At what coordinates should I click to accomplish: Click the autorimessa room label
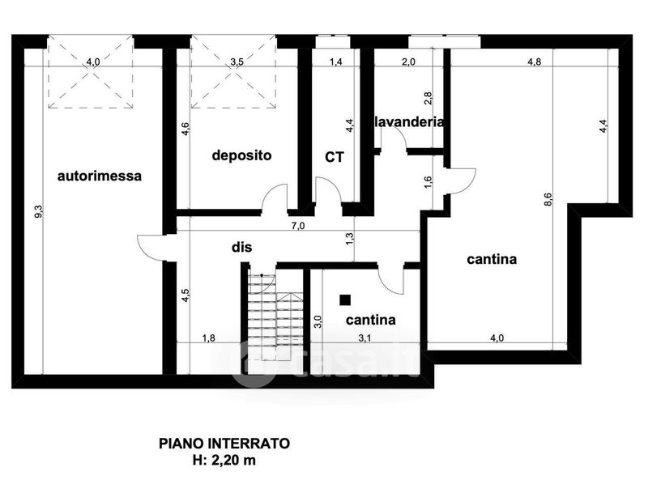click(99, 176)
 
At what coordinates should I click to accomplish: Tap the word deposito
click(241, 155)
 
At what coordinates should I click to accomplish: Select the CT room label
click(335, 157)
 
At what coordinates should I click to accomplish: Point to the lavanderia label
click(409, 122)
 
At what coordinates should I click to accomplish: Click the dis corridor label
click(241, 247)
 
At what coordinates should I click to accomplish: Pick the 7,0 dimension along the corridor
click(298, 226)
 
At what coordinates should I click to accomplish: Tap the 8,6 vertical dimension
click(548, 200)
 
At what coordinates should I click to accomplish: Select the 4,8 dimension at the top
click(535, 62)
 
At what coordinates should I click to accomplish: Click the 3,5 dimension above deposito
click(237, 62)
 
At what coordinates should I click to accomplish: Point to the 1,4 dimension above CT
click(336, 62)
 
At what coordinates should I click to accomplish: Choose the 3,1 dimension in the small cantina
click(364, 338)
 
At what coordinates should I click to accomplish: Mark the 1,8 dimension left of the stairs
click(208, 338)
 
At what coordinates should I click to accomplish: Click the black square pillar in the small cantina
click(345, 299)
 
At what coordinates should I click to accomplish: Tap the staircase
click(275, 318)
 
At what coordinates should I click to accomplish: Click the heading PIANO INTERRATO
click(224, 444)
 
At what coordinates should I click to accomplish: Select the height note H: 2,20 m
click(224, 461)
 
